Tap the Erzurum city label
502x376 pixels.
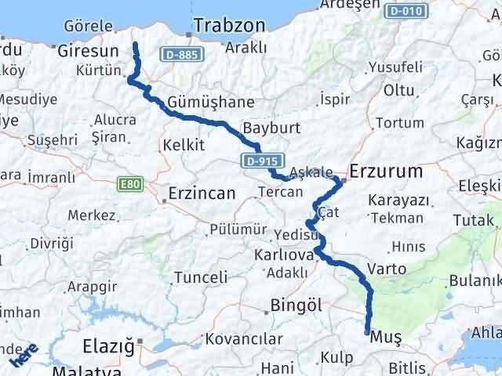point(387,171)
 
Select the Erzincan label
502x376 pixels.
point(202,193)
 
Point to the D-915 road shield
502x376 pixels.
point(259,160)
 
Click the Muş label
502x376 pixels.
point(389,336)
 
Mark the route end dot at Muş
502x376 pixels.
point(368,332)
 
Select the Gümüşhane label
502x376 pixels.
point(211,102)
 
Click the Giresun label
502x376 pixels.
point(88,51)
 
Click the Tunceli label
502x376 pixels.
point(202,277)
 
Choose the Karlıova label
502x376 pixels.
point(285,255)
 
